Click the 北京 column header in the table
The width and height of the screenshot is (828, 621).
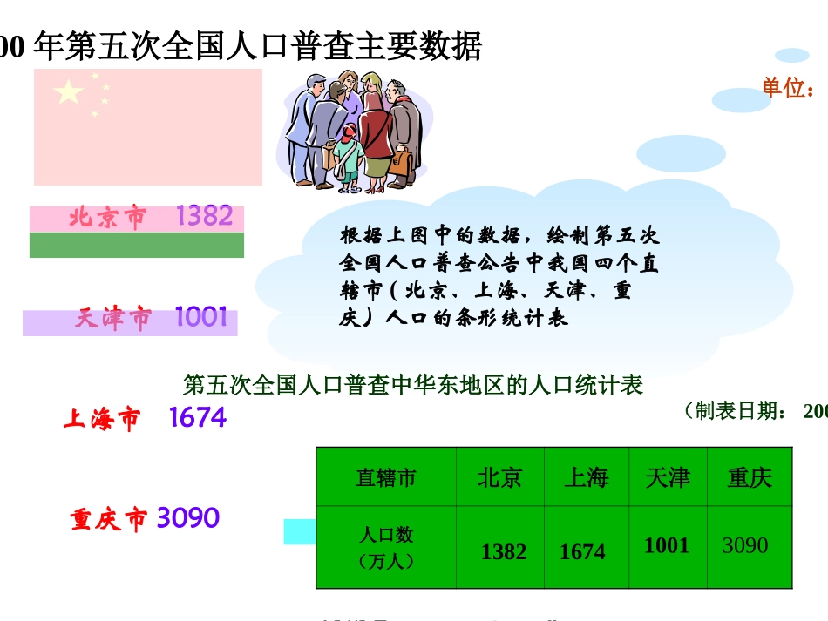499,477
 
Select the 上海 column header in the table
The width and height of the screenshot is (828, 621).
586,477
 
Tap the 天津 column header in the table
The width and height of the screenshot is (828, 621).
668,477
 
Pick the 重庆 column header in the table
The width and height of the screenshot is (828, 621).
750,477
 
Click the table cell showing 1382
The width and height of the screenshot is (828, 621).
504,551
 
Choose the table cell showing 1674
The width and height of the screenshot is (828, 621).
582,551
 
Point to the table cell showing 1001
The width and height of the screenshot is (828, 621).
667,546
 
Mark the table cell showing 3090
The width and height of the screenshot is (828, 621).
745,546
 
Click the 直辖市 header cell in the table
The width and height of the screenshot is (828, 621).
385,477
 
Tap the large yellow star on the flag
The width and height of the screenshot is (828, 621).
69,91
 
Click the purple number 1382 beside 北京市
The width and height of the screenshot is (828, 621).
204,216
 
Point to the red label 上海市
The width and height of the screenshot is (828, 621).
101,420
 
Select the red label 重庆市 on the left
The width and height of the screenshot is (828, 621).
109,520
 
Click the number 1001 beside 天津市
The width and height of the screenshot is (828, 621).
201,318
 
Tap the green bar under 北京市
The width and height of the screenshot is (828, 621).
137,245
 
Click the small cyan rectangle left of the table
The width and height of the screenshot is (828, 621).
299,530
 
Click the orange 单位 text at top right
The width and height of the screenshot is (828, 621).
788,88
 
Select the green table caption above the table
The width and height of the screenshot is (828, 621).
413,385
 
